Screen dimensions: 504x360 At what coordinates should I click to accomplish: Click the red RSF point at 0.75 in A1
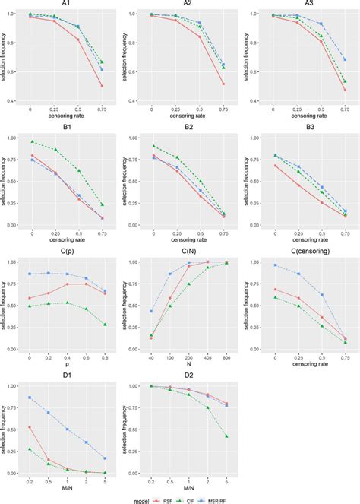tap(101, 86)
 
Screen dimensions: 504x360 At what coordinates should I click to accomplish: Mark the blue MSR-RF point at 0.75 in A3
tap(344, 59)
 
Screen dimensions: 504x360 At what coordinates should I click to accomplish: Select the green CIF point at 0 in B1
tap(30, 141)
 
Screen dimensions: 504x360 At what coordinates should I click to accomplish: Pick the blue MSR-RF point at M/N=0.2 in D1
tap(30, 397)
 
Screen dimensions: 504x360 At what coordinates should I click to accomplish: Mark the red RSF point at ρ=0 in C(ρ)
tap(30, 298)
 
